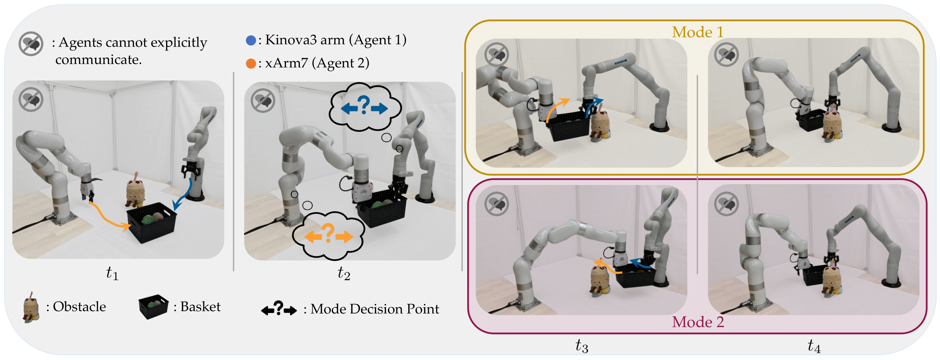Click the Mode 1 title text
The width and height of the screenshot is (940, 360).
coord(697,32)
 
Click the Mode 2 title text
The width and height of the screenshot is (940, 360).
coord(698,322)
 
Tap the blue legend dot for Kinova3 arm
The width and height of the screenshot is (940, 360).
coord(251,40)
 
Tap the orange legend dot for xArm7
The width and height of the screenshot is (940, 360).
coord(251,64)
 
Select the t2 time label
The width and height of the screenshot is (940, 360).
coord(344,273)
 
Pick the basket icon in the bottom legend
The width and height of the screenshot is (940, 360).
coord(153,306)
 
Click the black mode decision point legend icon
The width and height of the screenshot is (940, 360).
coord(279,309)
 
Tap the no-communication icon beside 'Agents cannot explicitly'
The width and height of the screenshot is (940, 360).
coord(31,44)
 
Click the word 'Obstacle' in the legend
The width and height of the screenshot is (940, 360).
coord(79,307)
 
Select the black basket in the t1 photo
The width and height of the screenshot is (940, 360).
coord(151,223)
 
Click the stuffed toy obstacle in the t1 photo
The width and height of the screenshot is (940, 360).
coord(135,191)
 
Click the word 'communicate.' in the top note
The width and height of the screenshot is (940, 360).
coord(98,59)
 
